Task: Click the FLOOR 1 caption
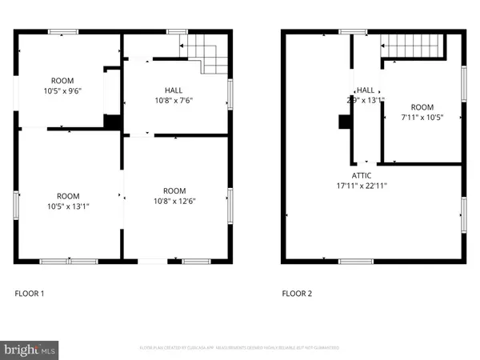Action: tap(30, 294)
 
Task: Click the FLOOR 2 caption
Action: tap(297, 294)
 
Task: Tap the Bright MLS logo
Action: tap(30, 348)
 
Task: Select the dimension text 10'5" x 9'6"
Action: tap(62, 90)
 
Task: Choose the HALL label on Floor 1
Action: tap(174, 90)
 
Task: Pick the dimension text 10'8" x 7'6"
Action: tap(174, 100)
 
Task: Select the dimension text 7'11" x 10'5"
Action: tap(422, 117)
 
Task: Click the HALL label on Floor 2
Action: tap(366, 90)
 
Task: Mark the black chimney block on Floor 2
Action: tap(344, 122)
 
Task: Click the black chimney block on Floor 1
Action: tap(114, 122)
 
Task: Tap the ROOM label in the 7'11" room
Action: tap(422, 107)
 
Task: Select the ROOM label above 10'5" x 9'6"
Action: tap(62, 81)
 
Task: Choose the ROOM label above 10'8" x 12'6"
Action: tap(174, 190)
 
